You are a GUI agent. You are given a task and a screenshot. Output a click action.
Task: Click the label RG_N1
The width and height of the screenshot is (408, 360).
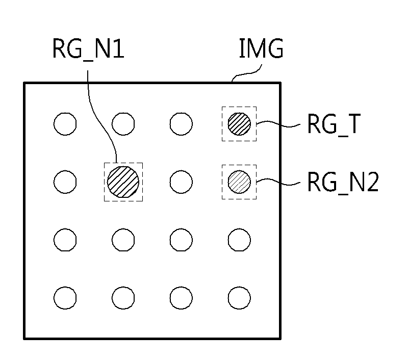pos(88,49)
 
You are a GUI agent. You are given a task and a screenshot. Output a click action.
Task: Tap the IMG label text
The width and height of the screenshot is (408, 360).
pos(261,48)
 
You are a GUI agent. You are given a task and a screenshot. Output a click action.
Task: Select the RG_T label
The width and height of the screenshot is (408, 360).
pos(334,124)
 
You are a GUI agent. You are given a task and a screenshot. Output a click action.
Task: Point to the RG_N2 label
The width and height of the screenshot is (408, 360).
pos(343,182)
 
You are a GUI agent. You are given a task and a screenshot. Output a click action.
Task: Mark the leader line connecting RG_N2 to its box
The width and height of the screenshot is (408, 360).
pos(278,182)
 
